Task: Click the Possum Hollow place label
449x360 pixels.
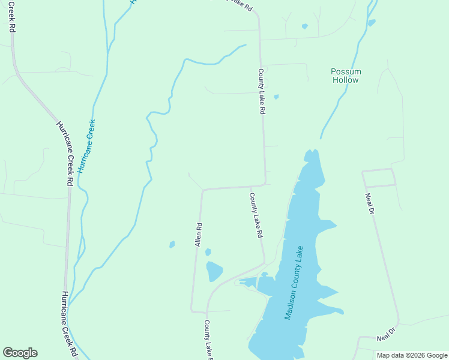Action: click(x=346, y=76)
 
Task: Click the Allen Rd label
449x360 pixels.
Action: click(x=198, y=235)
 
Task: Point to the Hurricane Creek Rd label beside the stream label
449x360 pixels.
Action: click(x=64, y=154)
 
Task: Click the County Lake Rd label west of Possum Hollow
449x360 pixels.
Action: click(x=261, y=91)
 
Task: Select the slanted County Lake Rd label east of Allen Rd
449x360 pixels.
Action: click(x=257, y=215)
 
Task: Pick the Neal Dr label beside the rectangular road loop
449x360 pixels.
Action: click(x=370, y=203)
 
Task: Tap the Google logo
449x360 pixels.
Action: click(x=20, y=353)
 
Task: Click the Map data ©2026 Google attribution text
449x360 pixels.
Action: click(x=412, y=355)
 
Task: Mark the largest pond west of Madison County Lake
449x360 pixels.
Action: click(x=214, y=271)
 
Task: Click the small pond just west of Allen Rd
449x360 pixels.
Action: click(x=172, y=244)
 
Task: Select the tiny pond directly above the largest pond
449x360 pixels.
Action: click(x=208, y=252)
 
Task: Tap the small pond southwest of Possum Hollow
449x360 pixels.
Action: click(x=276, y=97)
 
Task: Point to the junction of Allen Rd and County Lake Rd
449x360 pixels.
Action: click(x=203, y=190)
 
